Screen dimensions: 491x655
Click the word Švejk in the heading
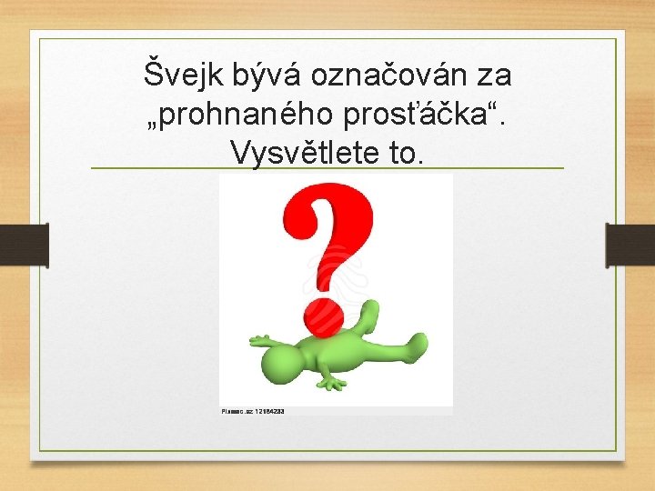(180, 74)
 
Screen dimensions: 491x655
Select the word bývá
(258, 74)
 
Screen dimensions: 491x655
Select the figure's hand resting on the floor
(331, 382)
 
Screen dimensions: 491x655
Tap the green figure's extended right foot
(417, 343)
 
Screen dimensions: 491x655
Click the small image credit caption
(253, 411)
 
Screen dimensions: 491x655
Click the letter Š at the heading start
(156, 72)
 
